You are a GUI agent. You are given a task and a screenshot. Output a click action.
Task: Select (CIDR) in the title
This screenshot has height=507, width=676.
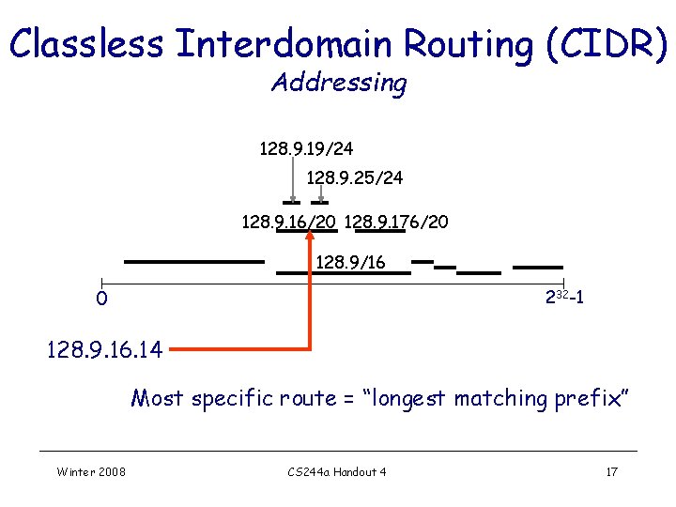pos(611,44)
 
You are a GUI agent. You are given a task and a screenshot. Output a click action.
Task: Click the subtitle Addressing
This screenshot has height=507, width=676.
pos(338,83)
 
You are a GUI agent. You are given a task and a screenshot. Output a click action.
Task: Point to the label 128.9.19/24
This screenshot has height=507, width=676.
pos(306,148)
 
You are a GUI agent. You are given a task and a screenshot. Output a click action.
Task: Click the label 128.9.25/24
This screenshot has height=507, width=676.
pos(355,177)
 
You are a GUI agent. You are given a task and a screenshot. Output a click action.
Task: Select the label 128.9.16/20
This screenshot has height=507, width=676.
pos(289,223)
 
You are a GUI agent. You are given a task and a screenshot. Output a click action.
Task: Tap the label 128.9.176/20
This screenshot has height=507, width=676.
pos(396,223)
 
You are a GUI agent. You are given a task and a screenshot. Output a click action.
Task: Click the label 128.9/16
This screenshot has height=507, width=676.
pos(349,262)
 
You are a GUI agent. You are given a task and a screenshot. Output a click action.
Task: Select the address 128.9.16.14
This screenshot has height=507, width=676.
pos(104,350)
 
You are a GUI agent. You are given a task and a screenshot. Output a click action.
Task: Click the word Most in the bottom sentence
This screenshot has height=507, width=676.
pos(157,398)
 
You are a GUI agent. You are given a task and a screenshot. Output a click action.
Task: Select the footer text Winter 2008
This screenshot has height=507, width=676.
pos(91,471)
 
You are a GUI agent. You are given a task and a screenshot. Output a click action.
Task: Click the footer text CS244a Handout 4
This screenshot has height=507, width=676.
pos(337,471)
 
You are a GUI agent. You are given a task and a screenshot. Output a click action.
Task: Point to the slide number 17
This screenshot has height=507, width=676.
pos(611,471)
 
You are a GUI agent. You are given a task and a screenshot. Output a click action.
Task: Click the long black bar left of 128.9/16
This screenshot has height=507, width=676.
pos(194,262)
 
